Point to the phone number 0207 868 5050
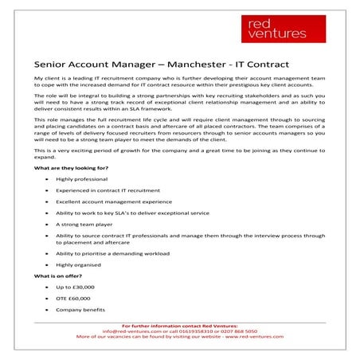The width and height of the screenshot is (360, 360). [235, 331]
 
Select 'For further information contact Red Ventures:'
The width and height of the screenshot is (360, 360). [180, 325]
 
